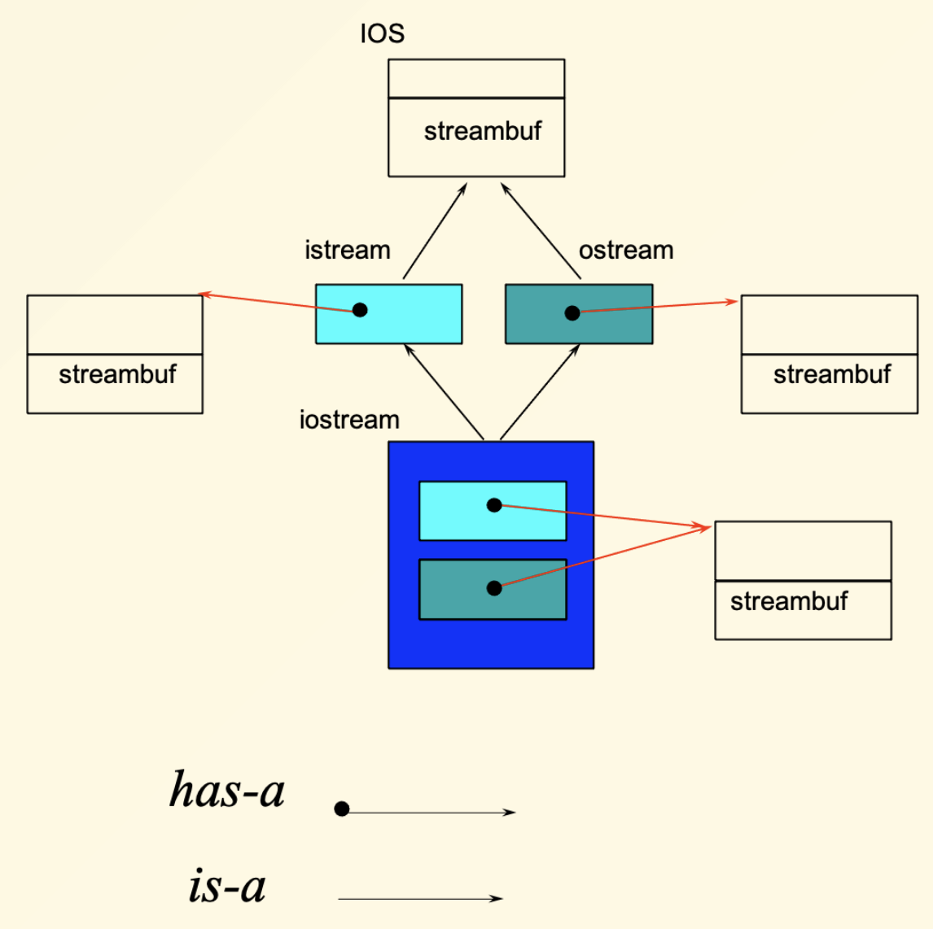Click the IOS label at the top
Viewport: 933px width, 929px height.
tap(382, 33)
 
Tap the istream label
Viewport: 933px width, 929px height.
tap(348, 250)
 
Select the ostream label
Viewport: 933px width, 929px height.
tap(626, 250)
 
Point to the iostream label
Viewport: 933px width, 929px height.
tap(349, 420)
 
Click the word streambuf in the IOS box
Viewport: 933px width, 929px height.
tap(483, 131)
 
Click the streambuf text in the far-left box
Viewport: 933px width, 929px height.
tap(117, 374)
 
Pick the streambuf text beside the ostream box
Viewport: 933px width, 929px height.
tap(832, 374)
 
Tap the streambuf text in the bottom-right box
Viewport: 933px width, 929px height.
tap(789, 601)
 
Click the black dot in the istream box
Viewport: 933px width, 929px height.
tap(359, 310)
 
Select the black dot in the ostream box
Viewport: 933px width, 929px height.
tap(572, 312)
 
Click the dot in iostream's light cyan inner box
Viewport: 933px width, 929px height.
tap(494, 505)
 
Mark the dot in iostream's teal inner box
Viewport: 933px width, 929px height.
tap(494, 588)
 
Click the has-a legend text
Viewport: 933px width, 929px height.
tap(227, 789)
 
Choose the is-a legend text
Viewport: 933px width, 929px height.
tap(227, 885)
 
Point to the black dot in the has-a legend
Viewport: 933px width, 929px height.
tap(342, 809)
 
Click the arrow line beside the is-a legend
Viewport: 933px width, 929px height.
tap(421, 899)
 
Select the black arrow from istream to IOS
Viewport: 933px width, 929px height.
tap(435, 230)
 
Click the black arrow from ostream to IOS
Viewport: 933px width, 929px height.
tap(541, 230)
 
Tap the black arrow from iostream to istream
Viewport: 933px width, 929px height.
tap(444, 391)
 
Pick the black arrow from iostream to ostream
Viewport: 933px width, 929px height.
tap(541, 391)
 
